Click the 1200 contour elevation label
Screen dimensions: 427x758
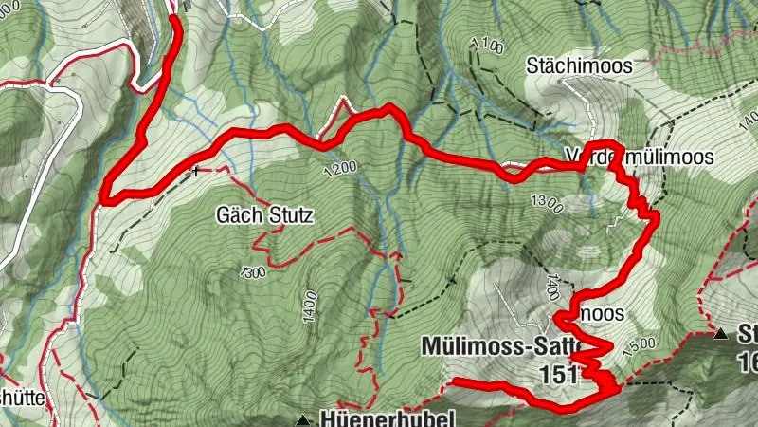pyautogui.click(x=338, y=169)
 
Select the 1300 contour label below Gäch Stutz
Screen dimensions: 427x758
pyautogui.click(x=252, y=272)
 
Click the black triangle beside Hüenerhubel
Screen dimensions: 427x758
pyautogui.click(x=302, y=418)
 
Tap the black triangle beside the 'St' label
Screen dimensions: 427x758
pyautogui.click(x=722, y=333)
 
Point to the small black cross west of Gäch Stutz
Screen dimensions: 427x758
pyautogui.click(x=196, y=172)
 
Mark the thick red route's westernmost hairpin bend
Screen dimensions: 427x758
pyautogui.click(x=104, y=199)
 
